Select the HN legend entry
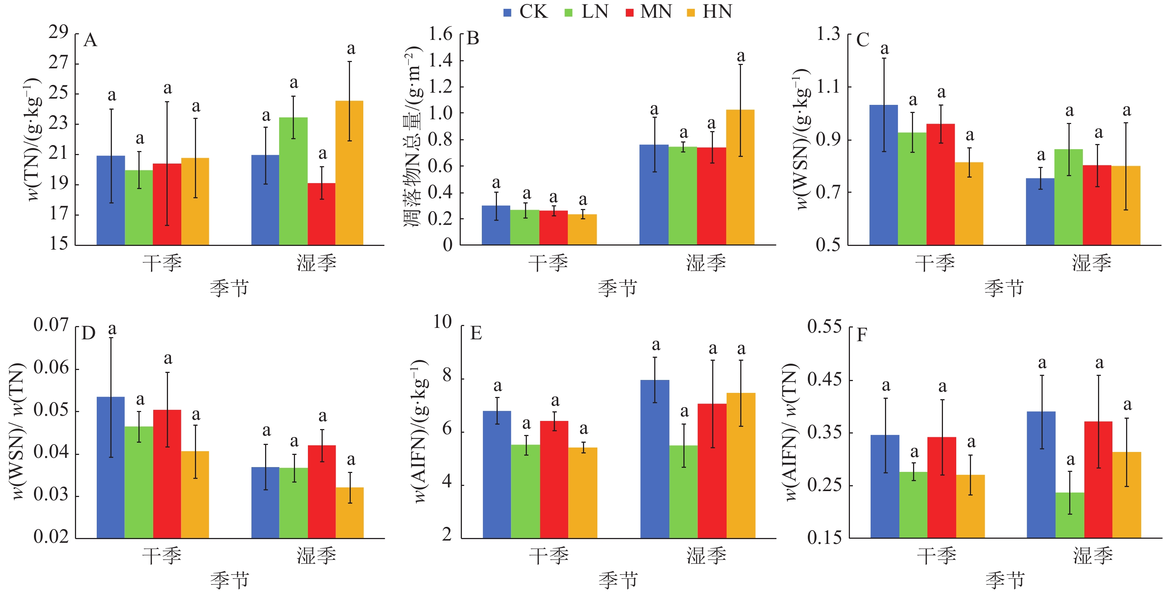click(x=709, y=12)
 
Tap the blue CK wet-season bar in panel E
click(x=655, y=459)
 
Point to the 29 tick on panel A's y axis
click(x=59, y=32)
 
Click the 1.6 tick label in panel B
click(x=440, y=34)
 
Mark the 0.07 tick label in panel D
click(x=51, y=325)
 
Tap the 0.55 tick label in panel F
click(x=824, y=326)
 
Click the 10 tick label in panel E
click(x=442, y=322)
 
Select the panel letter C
click(x=862, y=40)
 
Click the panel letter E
click(x=476, y=333)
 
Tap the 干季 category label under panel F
click(x=936, y=555)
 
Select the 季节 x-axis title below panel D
click(x=229, y=580)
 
